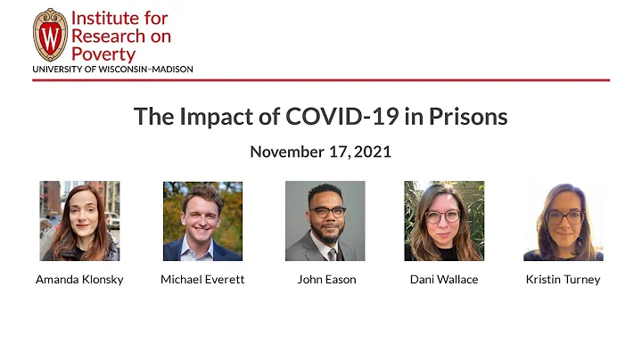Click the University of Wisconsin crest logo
point(50,35)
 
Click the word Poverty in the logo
point(104,53)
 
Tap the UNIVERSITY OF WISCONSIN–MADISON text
point(112,69)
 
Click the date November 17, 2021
point(320,151)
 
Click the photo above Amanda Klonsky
point(79,221)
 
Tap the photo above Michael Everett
point(202,221)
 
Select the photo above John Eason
point(325,221)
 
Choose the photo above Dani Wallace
point(444,221)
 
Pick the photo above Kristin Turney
point(563,221)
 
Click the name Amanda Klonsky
point(79,280)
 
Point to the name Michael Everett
point(202,280)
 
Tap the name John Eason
point(326,280)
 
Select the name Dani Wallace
point(444,280)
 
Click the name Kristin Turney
point(563,280)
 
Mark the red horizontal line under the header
point(321,80)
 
